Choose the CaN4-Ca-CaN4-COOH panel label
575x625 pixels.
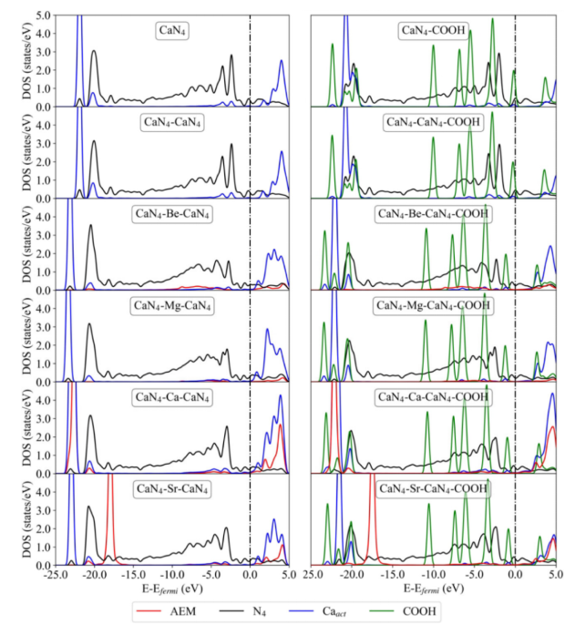click(434, 397)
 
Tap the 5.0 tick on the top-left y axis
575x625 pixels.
click(46, 16)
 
